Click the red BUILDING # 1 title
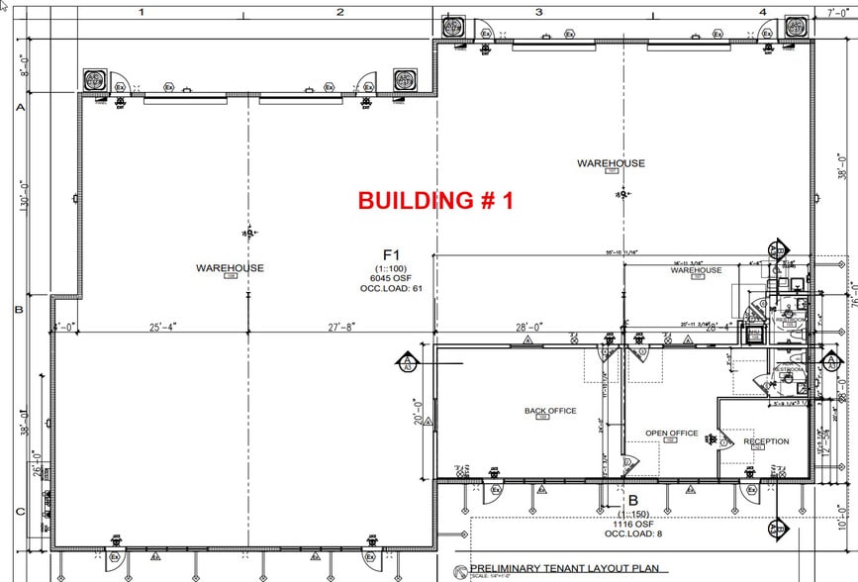(x=435, y=200)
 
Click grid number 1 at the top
(x=143, y=12)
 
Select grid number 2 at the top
(x=339, y=12)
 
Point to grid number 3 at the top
(x=538, y=12)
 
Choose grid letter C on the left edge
(x=18, y=512)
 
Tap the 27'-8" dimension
(x=339, y=327)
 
